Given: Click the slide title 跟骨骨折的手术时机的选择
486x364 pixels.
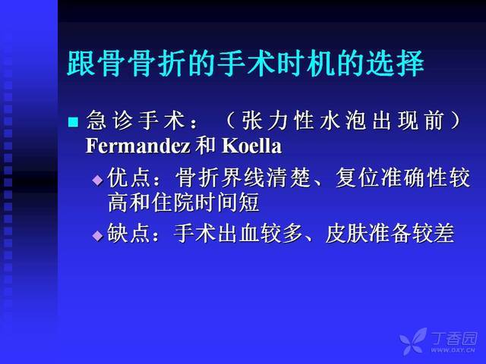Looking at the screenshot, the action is (245, 64).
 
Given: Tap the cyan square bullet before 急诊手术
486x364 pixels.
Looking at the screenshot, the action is (73, 121).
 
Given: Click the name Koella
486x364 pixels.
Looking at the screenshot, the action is (251, 146).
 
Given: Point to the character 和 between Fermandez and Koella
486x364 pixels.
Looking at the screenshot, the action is (206, 146).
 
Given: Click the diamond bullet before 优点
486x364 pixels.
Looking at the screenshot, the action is (98, 180).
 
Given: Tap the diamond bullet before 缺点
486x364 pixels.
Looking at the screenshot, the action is (98, 236).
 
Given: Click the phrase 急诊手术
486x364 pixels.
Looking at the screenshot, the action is (135, 121).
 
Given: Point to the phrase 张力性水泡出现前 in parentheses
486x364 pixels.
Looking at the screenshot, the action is (342, 121).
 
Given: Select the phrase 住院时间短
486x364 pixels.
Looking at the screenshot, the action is (205, 202).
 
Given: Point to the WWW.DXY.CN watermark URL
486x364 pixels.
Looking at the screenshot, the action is (453, 350).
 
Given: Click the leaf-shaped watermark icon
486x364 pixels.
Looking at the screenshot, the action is (413, 341).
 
